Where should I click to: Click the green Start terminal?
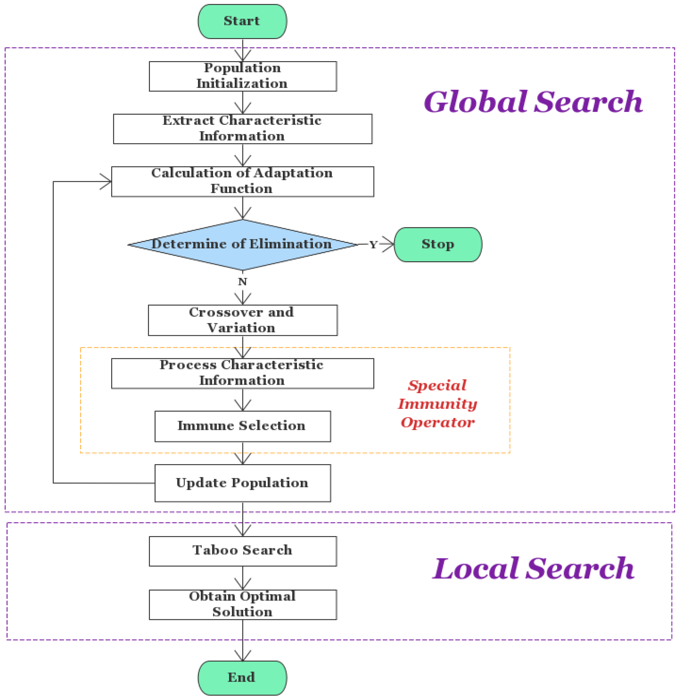242,21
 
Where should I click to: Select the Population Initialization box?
243,76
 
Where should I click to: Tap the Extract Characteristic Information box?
243,129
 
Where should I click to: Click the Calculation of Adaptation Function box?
243,182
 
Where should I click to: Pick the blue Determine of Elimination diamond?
243,245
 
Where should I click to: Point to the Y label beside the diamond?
373,245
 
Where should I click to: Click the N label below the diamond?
243,282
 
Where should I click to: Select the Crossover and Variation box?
243,320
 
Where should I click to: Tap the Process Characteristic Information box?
243,373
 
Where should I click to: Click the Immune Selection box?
243,426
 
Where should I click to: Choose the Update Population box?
243,483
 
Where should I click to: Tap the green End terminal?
242,678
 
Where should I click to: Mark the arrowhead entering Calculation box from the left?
107,182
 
